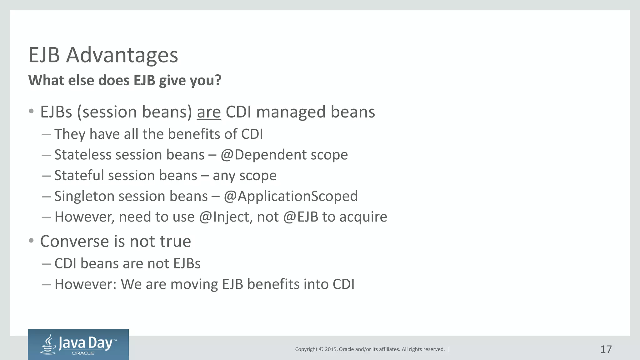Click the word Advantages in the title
point(122,55)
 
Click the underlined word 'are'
point(209,112)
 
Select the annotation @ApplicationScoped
point(291,196)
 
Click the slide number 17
point(606,349)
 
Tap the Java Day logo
point(78,344)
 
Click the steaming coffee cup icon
point(49,344)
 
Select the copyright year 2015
point(331,349)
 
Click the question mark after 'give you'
point(218,80)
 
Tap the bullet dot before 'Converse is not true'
point(31,241)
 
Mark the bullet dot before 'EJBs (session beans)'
point(31,111)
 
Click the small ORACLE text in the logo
point(83,353)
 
